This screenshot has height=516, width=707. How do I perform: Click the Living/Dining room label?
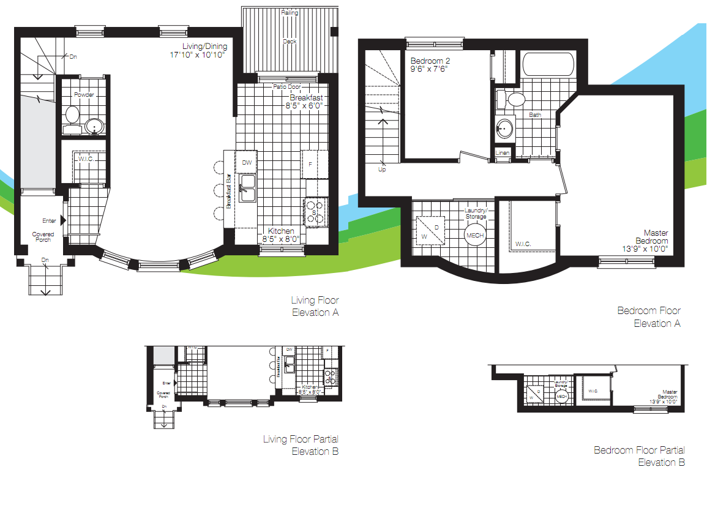click(x=204, y=47)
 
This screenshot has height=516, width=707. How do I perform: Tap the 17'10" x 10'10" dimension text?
click(x=198, y=55)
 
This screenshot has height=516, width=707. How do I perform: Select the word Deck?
click(x=290, y=42)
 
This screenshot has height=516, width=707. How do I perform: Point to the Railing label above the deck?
click(x=290, y=12)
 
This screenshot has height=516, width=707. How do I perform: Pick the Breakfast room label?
click(x=306, y=97)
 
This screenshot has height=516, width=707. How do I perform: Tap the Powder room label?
click(x=83, y=94)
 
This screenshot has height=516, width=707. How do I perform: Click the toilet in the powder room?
click(x=72, y=116)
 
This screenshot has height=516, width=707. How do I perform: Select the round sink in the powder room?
click(x=94, y=127)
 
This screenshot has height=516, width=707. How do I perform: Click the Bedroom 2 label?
click(x=430, y=61)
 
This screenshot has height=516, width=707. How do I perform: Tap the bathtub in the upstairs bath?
click(x=547, y=65)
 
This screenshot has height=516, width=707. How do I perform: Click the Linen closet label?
click(x=502, y=152)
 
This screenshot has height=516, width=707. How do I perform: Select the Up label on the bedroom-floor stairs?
click(x=383, y=169)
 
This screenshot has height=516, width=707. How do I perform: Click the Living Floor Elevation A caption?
click(x=315, y=306)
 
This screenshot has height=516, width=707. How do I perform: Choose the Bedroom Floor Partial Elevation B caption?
click(x=639, y=456)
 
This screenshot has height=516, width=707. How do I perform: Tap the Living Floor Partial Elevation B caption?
click(x=301, y=445)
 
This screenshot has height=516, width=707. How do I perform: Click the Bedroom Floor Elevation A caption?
click(x=649, y=317)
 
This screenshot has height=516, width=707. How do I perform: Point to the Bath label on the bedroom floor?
click(x=535, y=114)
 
